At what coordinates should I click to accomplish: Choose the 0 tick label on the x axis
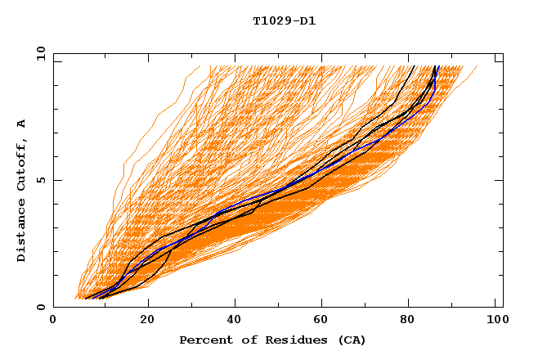pyautogui.click(x=54, y=320)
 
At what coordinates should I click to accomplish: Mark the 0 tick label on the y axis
pyautogui.click(x=40, y=308)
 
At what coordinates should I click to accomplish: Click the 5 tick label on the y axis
pyautogui.click(x=40, y=181)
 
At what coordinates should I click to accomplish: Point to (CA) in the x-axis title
pyautogui.click(x=347, y=340)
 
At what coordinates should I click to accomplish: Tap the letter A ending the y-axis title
pyautogui.click(x=21, y=124)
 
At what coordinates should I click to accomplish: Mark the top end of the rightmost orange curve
pyautogui.click(x=478, y=66)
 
